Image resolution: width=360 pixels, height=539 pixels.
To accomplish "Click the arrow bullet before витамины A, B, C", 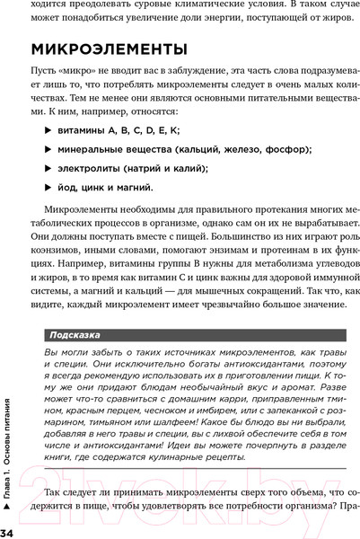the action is (x=49, y=131).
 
